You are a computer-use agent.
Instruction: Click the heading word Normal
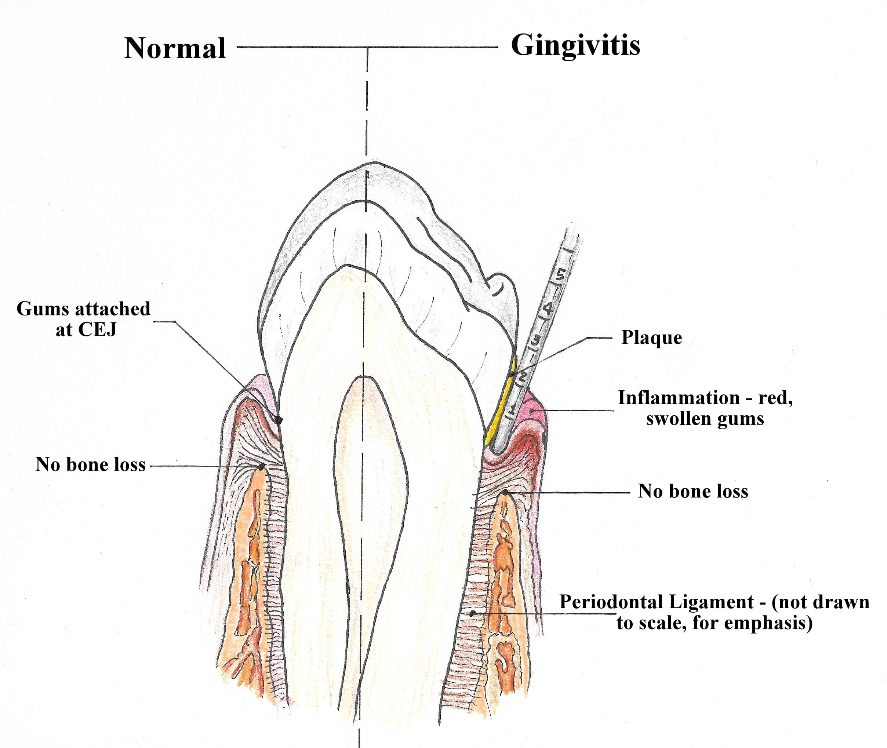pos(175,48)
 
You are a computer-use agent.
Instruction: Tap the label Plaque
pos(651,338)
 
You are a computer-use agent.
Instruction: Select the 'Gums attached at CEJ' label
pos(84,319)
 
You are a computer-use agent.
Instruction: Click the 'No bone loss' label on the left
pos(90,465)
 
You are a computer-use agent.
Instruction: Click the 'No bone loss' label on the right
pos(693,492)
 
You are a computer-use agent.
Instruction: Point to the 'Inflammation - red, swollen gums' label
pos(705,408)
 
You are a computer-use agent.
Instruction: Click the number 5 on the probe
pos(560,275)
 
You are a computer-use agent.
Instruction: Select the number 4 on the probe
pos(548,309)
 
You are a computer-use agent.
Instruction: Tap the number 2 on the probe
pos(522,376)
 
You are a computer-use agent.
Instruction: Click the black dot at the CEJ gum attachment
pos(278,420)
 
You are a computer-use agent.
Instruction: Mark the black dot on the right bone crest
pos(505,493)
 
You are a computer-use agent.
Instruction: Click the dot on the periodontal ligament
pos(473,613)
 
